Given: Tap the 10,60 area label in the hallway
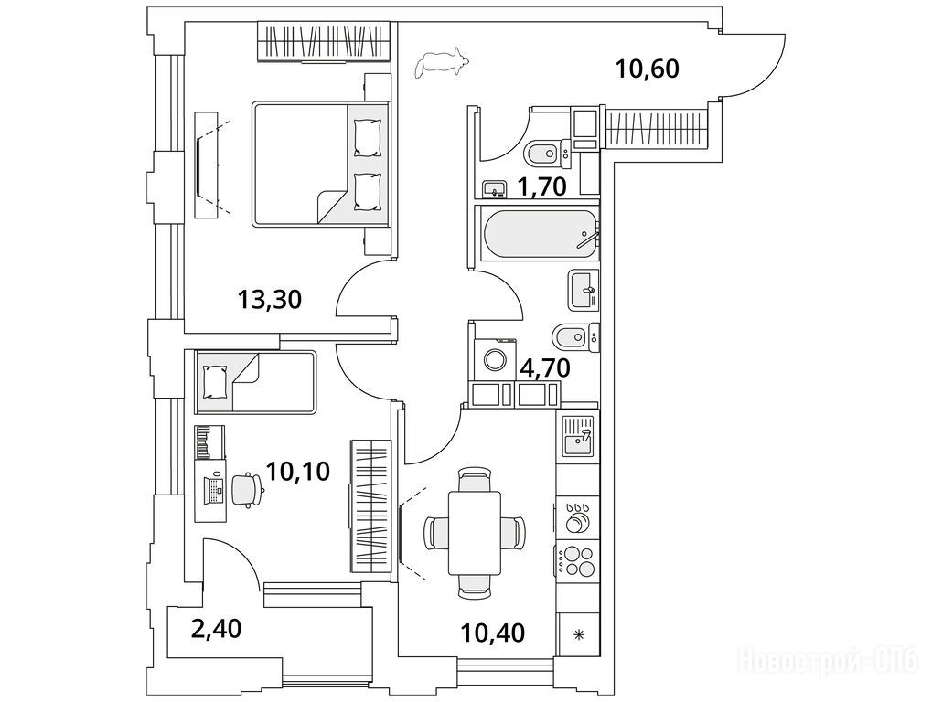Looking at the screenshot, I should click(648, 68).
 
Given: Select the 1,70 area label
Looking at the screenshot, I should click(544, 187).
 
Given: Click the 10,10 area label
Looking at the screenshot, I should click(297, 472).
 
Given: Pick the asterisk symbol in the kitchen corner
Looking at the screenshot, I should click(578, 635).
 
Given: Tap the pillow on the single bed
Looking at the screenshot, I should click(216, 381).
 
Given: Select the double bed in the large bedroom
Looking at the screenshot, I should click(318, 164).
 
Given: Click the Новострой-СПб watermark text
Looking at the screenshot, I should click(827, 660).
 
